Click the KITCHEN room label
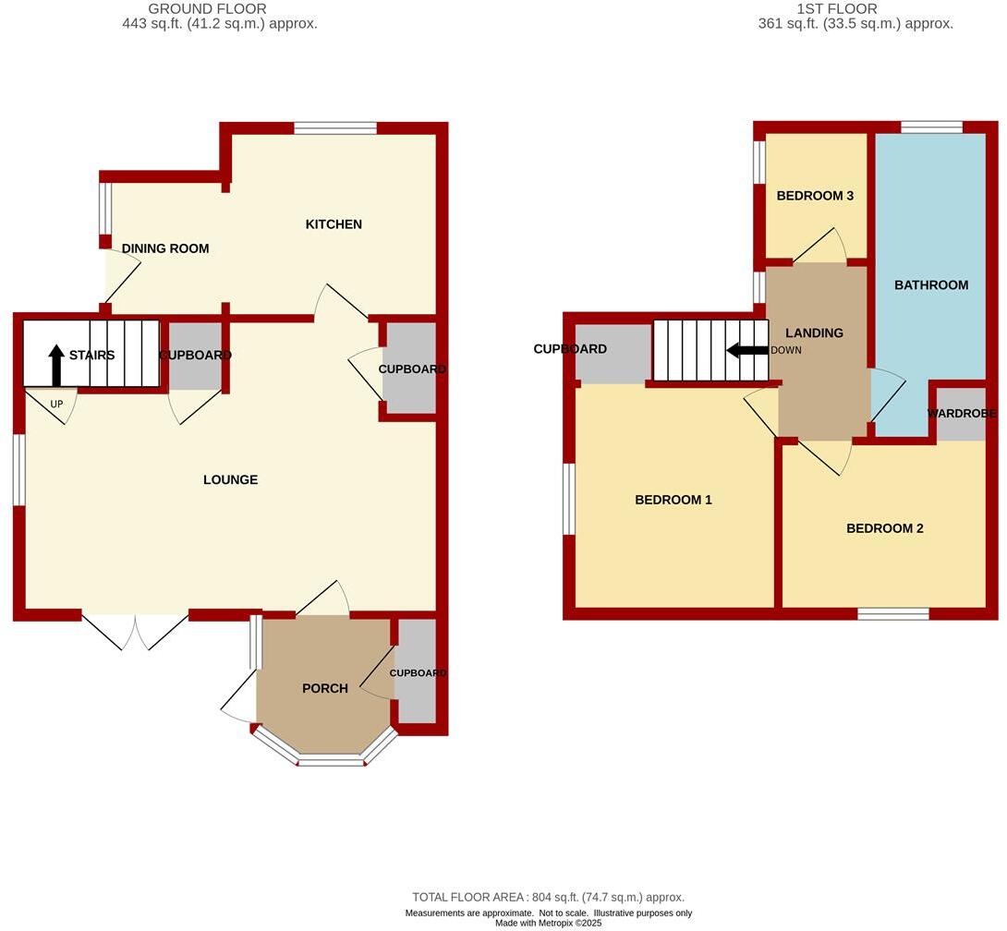tap(334, 224)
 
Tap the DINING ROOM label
tap(165, 248)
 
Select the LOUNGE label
tap(231, 479)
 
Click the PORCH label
tap(325, 688)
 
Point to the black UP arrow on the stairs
tap(56, 364)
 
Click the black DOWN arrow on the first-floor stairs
tap(747, 351)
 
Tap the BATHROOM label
tap(931, 284)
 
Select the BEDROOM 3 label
tap(815, 196)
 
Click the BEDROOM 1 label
tap(673, 500)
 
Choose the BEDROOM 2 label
tap(885, 528)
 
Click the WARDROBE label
tap(961, 413)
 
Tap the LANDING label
tap(814, 332)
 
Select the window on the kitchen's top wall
tap(335, 128)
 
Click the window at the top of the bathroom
tap(931, 127)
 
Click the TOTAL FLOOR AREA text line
tap(548, 897)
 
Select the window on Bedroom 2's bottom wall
tap(893, 613)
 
